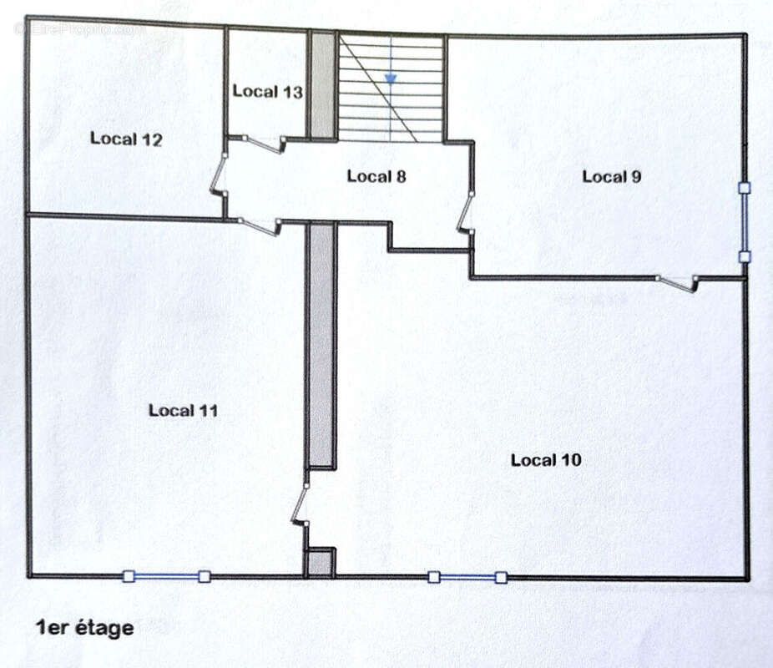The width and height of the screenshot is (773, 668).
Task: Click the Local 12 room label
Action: [x=125, y=139]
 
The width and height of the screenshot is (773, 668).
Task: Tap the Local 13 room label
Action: [x=267, y=91]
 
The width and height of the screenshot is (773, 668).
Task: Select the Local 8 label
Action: [x=376, y=175]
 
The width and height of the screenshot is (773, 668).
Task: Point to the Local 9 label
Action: [x=611, y=176]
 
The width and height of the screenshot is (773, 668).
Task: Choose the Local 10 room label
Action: [x=545, y=459]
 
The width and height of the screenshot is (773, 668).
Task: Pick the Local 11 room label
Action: [x=183, y=410]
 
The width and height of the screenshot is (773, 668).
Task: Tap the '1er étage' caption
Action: [x=83, y=627]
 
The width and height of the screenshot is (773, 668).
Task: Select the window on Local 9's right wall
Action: [x=745, y=222]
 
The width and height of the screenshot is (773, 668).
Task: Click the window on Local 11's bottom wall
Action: [x=166, y=576]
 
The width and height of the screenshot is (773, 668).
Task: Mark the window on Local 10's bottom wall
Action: [x=467, y=576]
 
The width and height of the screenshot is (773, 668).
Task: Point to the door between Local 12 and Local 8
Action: [x=220, y=175]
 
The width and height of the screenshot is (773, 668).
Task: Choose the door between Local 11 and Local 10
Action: [x=301, y=504]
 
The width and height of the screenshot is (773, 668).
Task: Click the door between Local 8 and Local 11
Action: [x=259, y=225]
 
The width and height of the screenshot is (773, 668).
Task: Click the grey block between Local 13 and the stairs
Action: [x=322, y=85]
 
